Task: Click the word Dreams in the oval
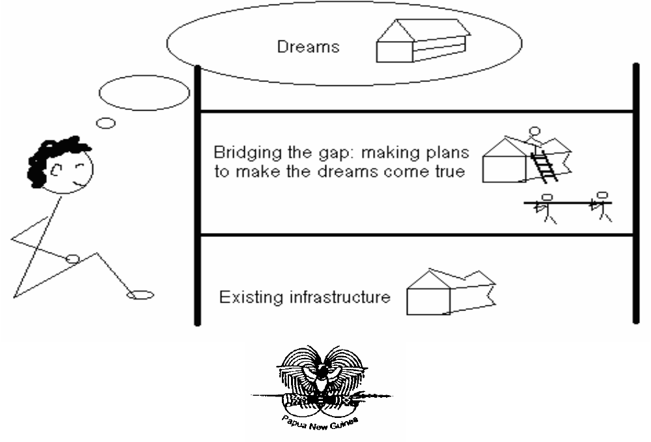tap(308, 47)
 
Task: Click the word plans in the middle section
tap(445, 154)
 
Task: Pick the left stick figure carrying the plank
tap(546, 208)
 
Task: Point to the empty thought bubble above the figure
tap(145, 93)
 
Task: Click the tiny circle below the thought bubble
tap(105, 122)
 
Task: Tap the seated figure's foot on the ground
tap(141, 295)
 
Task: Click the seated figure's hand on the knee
tap(73, 258)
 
